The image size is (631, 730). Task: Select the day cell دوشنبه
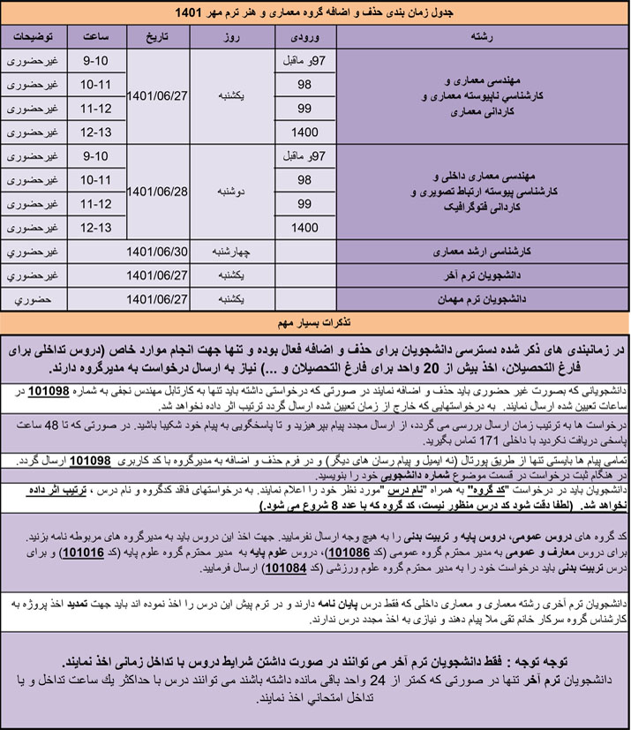(230, 190)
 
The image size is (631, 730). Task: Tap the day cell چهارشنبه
(230, 251)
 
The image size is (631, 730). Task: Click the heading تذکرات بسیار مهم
(315, 319)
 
